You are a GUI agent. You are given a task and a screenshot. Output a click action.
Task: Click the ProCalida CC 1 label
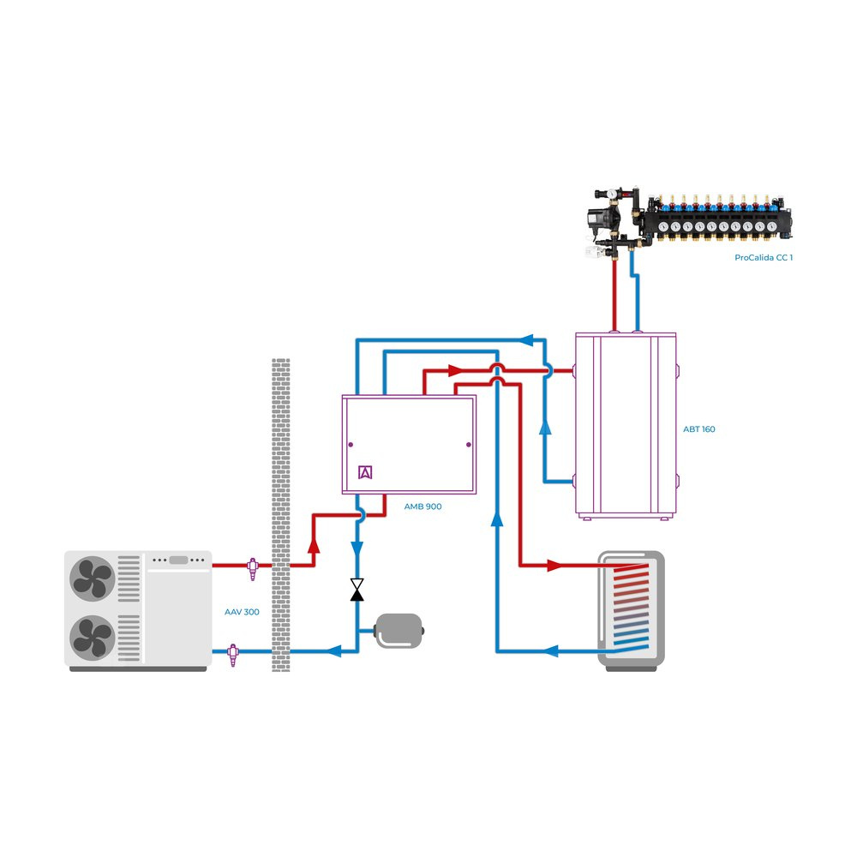[x=764, y=257]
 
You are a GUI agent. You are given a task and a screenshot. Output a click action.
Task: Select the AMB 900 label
[x=423, y=506]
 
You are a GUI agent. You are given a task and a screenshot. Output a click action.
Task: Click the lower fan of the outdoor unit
[x=93, y=638]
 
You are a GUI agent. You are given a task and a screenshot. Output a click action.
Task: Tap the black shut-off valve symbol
[x=357, y=590]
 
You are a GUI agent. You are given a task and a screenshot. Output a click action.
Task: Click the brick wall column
[x=280, y=514]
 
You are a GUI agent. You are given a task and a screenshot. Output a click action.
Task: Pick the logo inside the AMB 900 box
[x=366, y=472]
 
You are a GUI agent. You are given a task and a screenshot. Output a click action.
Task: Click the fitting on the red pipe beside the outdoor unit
[x=253, y=567]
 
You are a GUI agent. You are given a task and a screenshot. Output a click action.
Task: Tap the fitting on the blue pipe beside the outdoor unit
[x=232, y=653]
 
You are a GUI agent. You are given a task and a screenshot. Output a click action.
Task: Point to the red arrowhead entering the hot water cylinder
[x=555, y=566]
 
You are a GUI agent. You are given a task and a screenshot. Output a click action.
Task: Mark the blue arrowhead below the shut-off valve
[x=337, y=651]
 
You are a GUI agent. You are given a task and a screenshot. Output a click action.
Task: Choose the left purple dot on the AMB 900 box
[x=351, y=445]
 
